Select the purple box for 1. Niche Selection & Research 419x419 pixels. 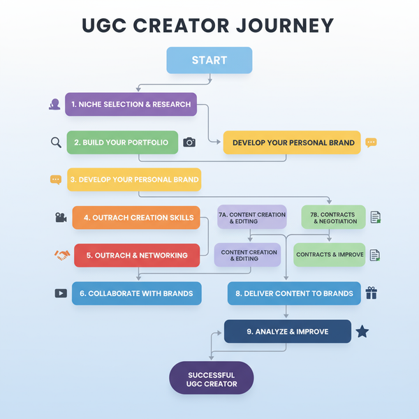131,104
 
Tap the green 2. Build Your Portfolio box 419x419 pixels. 121,142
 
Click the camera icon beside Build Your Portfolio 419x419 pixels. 189,142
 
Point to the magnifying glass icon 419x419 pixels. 57,142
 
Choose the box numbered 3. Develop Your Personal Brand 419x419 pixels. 134,179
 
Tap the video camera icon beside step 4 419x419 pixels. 61,218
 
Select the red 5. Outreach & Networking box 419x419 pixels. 137,256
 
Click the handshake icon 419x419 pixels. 61,256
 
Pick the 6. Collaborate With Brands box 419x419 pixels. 136,293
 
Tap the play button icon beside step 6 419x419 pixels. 61,293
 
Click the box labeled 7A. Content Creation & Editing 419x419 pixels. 251,218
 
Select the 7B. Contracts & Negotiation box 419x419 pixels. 333,218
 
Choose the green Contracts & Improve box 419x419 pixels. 330,255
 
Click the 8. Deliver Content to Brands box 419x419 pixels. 294,293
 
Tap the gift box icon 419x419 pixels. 371,293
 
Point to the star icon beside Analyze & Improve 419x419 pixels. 362,331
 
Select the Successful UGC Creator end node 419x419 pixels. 212,379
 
